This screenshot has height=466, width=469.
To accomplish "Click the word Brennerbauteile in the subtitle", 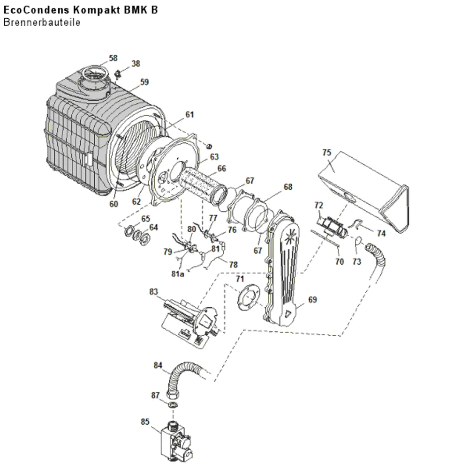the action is click(x=42, y=22).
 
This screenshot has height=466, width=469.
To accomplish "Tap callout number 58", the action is click(x=113, y=58).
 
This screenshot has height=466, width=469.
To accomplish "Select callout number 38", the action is click(x=136, y=63).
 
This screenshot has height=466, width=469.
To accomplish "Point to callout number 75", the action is click(x=326, y=153).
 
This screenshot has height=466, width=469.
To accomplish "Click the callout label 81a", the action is click(x=178, y=274).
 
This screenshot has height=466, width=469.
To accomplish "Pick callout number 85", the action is click(x=145, y=422).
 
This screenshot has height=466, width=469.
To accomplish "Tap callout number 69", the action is click(x=312, y=299).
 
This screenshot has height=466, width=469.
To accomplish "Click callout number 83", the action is click(x=153, y=291).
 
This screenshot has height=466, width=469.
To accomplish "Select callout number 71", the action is click(x=240, y=279).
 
